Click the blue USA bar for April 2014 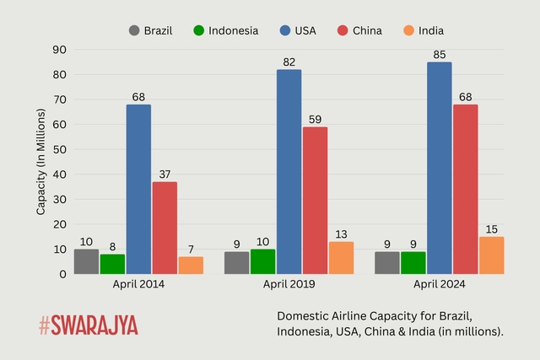click(138, 189)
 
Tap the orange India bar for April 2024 click(491, 255)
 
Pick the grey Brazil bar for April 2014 click(86, 261)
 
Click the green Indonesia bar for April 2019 click(262, 261)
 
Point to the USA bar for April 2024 click(439, 168)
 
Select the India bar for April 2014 click(191, 265)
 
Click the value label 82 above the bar click(289, 62)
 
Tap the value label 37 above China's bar click(165, 175)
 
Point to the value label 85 click(439, 55)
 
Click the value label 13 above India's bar click(341, 234)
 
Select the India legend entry click(422, 30)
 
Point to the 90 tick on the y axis click(59, 50)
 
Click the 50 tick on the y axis click(59, 149)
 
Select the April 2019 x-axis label click(289, 285)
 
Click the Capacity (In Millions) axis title click(40, 162)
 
